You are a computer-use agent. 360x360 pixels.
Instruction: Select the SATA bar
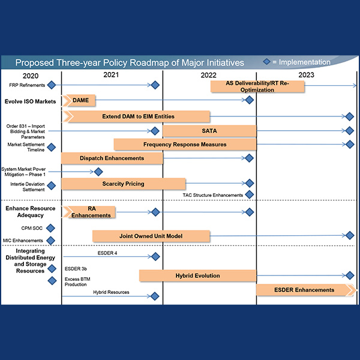pos(209,130)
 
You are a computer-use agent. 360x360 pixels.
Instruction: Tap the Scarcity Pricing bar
pos(123,184)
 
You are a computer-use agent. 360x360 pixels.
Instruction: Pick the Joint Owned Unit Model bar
pos(151,236)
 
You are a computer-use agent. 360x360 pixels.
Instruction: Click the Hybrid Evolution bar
pos(197,275)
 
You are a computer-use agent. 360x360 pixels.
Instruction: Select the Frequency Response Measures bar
pos(185,144)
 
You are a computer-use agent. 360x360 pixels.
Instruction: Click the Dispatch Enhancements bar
pos(112,158)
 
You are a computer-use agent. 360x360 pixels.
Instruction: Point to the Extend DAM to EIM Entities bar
pos(136,116)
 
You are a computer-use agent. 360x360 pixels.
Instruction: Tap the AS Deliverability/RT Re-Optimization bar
pos(257,86)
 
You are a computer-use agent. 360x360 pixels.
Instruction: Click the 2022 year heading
pos(209,76)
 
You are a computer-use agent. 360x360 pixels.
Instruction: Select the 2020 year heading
pos(30,76)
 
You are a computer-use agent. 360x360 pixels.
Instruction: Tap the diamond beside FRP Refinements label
pos(52,86)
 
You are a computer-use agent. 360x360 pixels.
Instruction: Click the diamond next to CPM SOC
pos(51,228)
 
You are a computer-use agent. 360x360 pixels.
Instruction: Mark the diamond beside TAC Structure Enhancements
pos(250,194)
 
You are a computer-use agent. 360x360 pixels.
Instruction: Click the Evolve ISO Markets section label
pos(31,100)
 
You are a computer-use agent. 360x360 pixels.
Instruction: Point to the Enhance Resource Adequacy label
pos(31,212)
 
